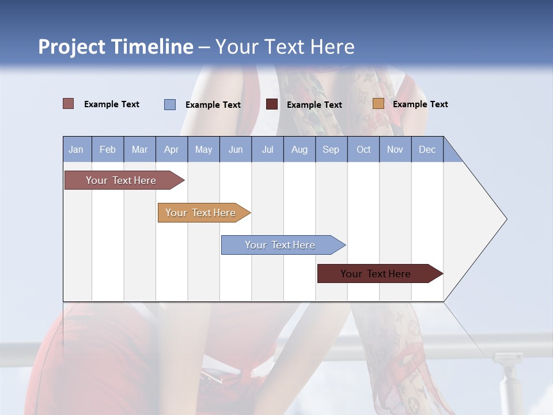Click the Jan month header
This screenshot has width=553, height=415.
coord(77,149)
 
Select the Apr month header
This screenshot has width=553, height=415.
coord(172,149)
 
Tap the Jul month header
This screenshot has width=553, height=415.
coord(267,149)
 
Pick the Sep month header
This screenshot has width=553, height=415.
coord(331,149)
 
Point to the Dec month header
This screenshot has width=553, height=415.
coord(427,149)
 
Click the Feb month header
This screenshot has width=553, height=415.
coord(108,149)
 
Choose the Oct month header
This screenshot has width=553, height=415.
coord(363,149)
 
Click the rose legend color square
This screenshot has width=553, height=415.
coord(69,104)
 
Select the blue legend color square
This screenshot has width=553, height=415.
coord(170,104)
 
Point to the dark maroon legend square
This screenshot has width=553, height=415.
coord(272,104)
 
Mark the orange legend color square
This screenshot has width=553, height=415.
coord(378,104)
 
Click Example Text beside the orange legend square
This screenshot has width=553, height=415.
coord(420,104)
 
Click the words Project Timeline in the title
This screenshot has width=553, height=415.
coord(116,47)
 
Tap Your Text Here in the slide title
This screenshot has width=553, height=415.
coord(285,47)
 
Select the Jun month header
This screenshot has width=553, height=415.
coord(236,149)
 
